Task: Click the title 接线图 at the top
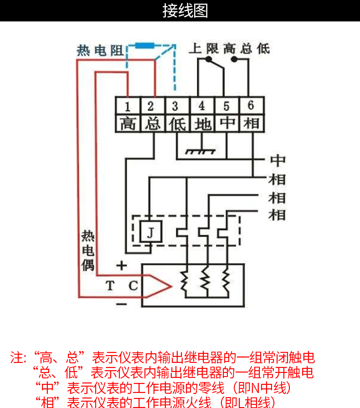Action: (x=185, y=11)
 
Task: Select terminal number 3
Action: (x=175, y=106)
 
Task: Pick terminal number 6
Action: (x=251, y=106)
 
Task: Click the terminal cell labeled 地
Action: (x=201, y=123)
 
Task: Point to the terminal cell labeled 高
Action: (x=128, y=123)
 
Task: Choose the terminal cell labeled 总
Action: (x=151, y=123)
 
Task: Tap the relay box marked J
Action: (x=150, y=232)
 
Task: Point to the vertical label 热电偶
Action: (x=88, y=250)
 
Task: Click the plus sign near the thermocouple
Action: (x=121, y=265)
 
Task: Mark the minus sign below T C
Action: (x=121, y=303)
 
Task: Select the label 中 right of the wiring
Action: (x=278, y=160)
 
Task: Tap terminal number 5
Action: (x=226, y=106)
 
